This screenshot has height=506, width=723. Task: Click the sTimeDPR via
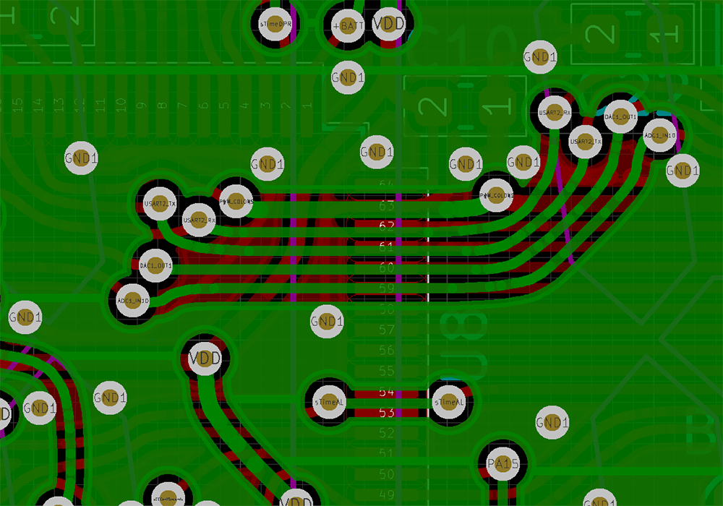(x=275, y=23)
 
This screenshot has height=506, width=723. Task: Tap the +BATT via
(x=348, y=25)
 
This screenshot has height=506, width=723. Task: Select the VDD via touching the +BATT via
(x=389, y=23)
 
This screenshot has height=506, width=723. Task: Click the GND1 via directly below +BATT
(x=347, y=77)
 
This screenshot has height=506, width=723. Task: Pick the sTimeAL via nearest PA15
(x=449, y=402)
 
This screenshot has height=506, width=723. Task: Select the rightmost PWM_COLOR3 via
(x=497, y=195)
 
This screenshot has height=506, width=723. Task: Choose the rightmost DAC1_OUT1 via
(x=620, y=116)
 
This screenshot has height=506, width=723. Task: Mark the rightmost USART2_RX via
(x=555, y=113)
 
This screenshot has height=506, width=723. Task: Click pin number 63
(x=387, y=206)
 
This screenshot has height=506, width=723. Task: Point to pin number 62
(x=387, y=226)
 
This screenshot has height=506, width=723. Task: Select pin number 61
(x=387, y=247)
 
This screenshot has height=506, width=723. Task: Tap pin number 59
(x=387, y=288)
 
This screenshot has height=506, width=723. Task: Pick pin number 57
(x=387, y=330)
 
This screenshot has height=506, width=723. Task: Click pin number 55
(x=387, y=372)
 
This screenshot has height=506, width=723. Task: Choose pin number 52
(x=387, y=433)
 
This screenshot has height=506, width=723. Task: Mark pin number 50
(x=387, y=474)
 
